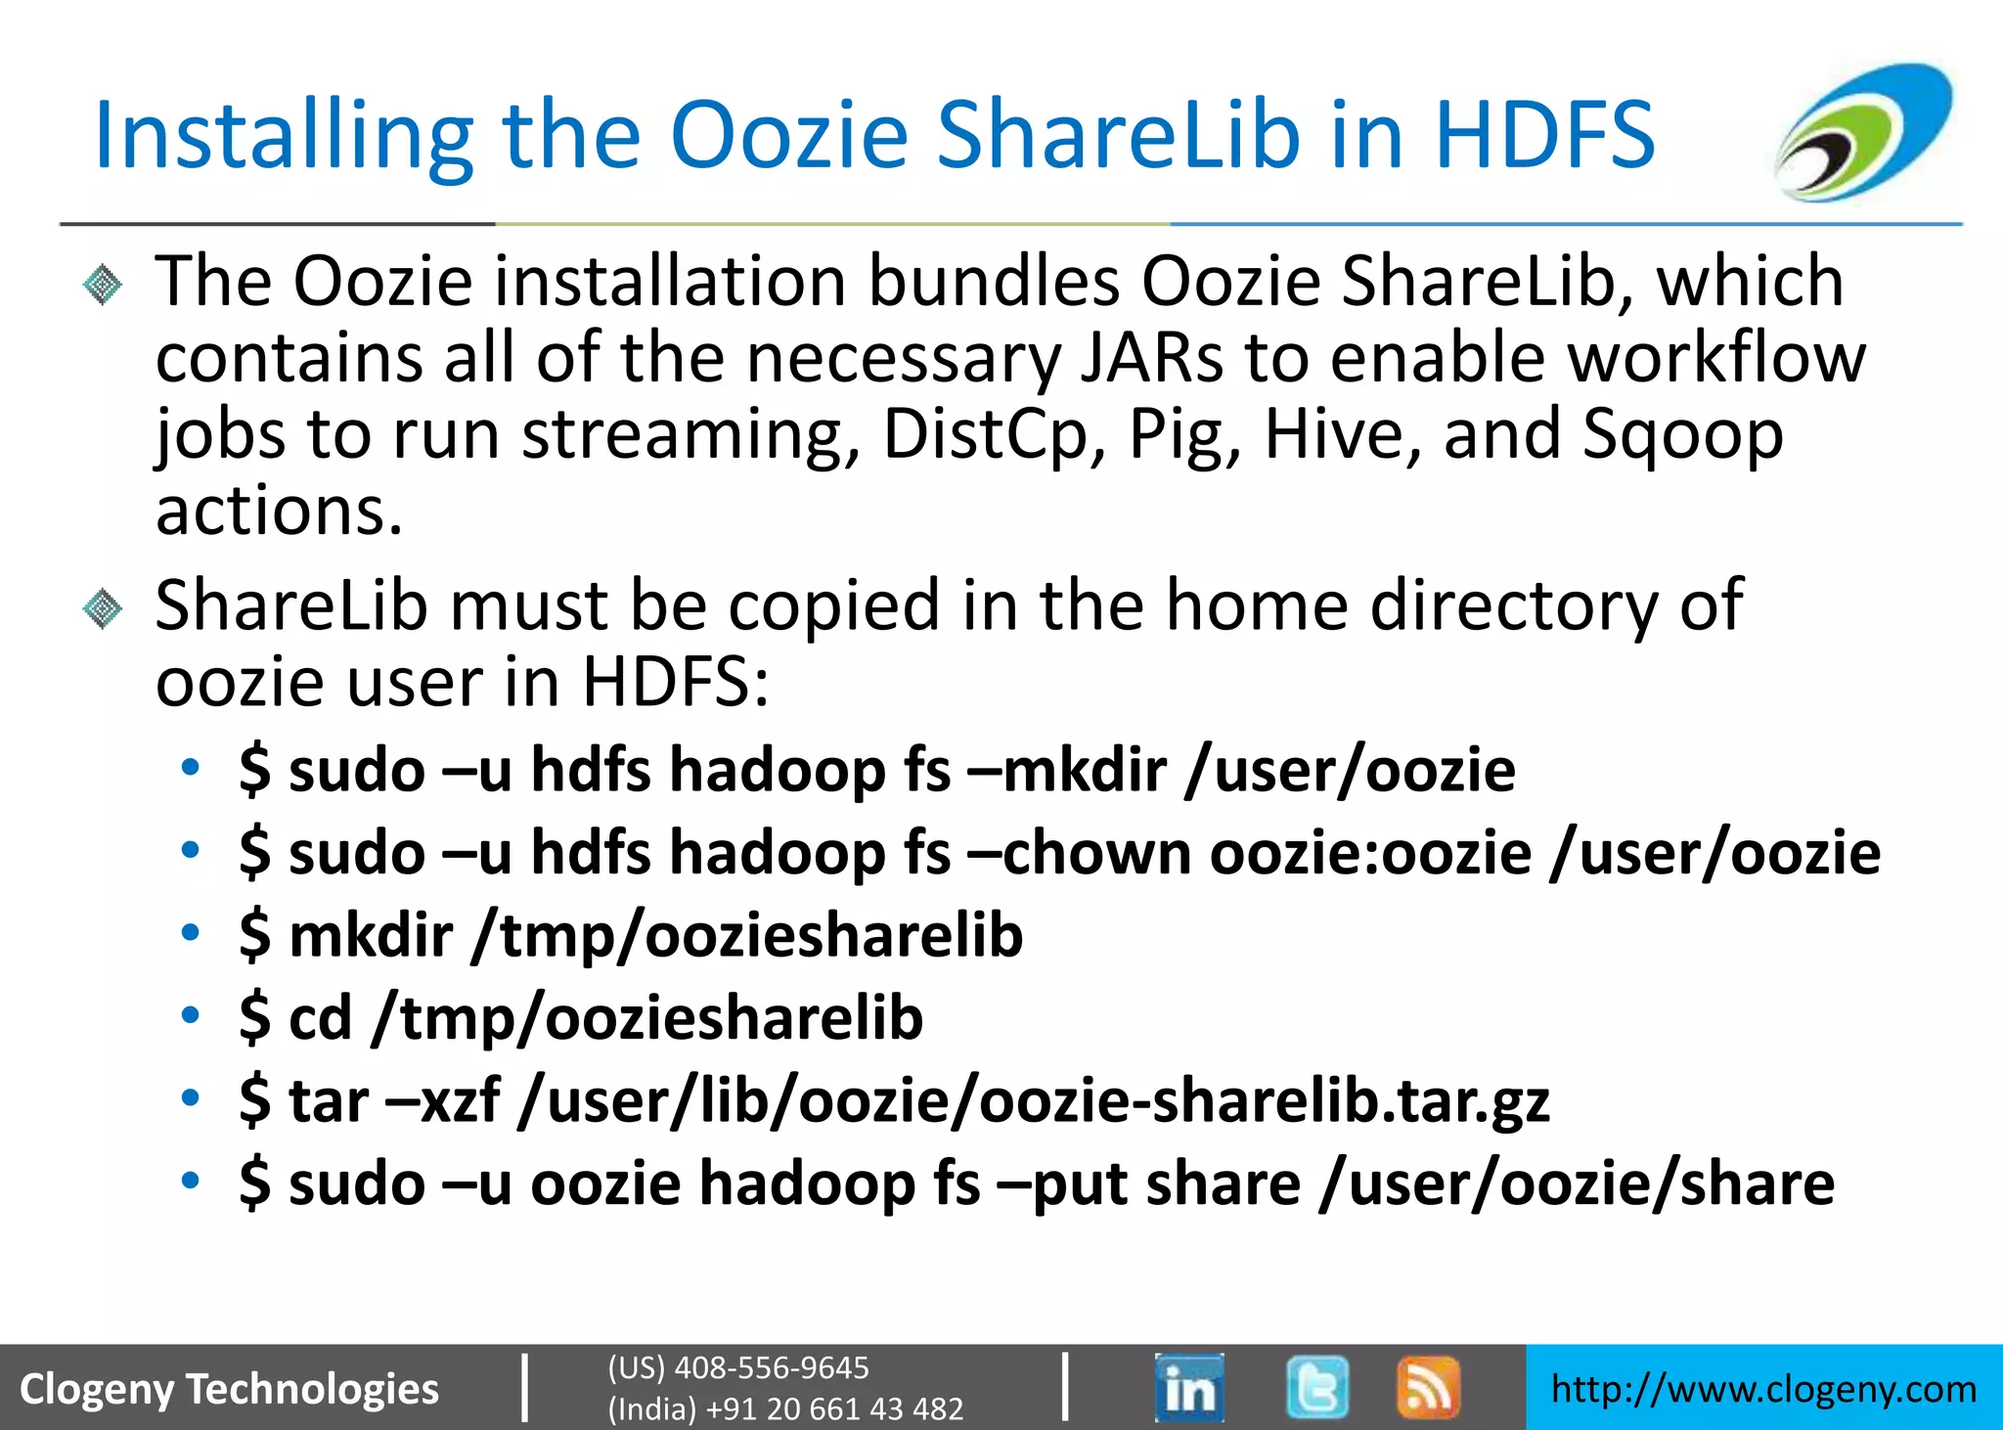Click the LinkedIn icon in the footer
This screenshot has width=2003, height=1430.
click(x=1188, y=1387)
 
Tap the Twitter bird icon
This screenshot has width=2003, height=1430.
click(x=1316, y=1387)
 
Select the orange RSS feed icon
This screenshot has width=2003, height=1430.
click(x=1428, y=1387)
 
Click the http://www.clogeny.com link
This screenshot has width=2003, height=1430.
click(x=1763, y=1389)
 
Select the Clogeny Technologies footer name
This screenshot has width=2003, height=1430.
click(x=230, y=1389)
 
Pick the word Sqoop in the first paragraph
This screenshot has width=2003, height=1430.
click(x=1682, y=434)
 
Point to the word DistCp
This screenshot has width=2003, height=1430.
click(x=985, y=434)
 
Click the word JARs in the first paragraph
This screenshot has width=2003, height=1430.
click(x=1151, y=358)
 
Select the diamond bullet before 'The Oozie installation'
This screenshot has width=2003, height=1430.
click(x=103, y=286)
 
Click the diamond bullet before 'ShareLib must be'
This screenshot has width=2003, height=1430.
click(x=103, y=609)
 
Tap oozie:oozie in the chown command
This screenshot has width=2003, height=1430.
click(x=1370, y=853)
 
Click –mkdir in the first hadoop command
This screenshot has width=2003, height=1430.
click(x=1067, y=771)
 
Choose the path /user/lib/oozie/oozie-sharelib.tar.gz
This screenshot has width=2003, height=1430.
click(x=1035, y=1101)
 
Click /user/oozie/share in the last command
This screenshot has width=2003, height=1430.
click(x=1577, y=1184)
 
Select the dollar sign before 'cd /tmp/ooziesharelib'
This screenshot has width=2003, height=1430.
click(x=254, y=1018)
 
